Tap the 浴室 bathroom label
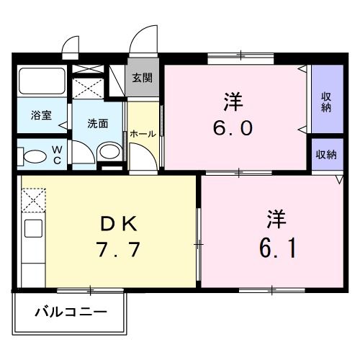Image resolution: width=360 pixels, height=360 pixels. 40,114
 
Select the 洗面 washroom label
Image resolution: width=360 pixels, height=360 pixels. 98,122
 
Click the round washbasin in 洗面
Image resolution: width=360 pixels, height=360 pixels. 109,151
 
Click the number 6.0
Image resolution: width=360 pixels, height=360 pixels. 233,128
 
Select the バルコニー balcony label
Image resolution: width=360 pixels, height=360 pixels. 70,314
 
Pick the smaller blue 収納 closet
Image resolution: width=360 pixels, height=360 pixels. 325,155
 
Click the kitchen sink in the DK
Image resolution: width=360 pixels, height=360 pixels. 32,230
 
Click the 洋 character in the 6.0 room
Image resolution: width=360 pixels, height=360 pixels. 232,102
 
